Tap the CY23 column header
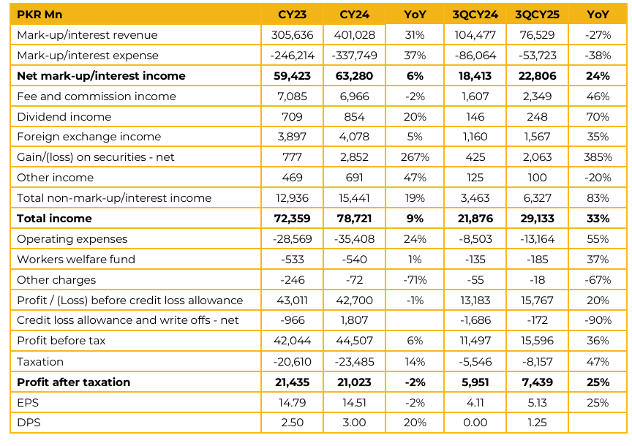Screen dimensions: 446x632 tap(292, 15)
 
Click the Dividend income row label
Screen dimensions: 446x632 tap(64, 117)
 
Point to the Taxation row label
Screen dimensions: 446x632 tap(40, 362)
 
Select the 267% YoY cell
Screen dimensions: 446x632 tap(417, 157)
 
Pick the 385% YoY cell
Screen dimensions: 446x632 tap(598, 157)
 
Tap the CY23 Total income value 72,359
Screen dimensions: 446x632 tap(292, 219)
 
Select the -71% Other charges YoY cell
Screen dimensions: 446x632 tap(417, 280)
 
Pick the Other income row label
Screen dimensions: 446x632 tap(56, 178)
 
